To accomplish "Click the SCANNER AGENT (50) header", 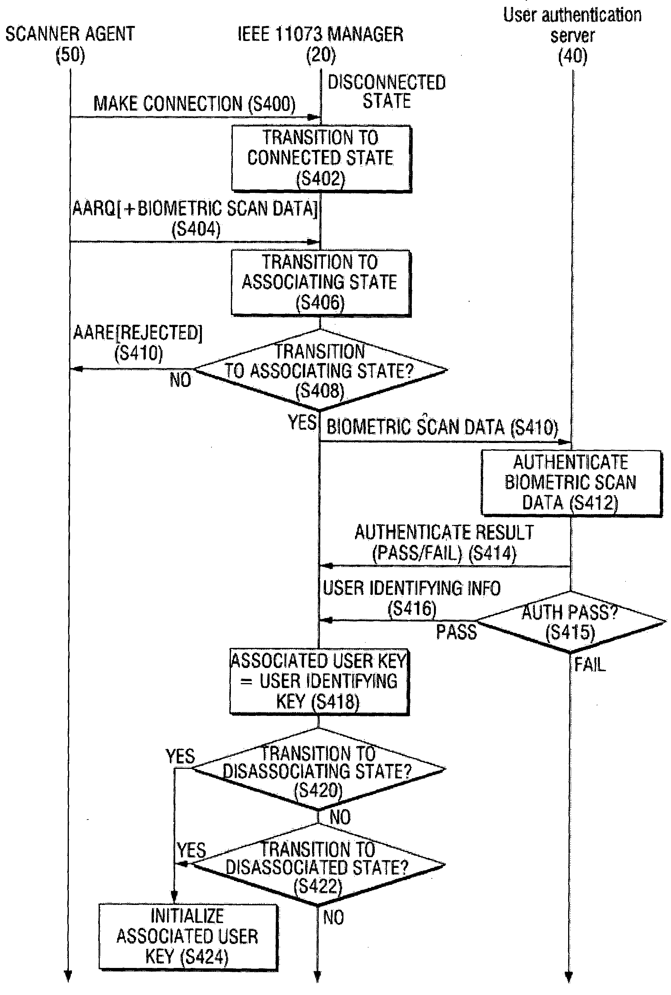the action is pos(70,44).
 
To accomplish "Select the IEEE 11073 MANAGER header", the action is pos(321,44).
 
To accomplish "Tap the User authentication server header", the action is pos(572,35).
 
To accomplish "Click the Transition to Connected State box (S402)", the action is pos(321,158).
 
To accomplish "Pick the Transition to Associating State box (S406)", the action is pos(321,283).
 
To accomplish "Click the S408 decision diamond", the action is pos(320,370).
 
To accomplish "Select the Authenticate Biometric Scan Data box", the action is pos(571,483).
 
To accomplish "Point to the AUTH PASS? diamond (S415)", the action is pos(570,622).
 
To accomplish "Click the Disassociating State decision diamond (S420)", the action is pos(319,770).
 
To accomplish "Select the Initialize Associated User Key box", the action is pos(188,936).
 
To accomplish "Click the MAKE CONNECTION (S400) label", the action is pos(194,104).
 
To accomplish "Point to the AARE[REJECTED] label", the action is pos(138,342).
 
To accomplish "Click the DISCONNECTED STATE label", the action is pos(386,92).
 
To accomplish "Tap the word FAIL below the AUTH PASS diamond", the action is pos(590,665).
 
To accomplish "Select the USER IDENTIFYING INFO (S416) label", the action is pos(411,598).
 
